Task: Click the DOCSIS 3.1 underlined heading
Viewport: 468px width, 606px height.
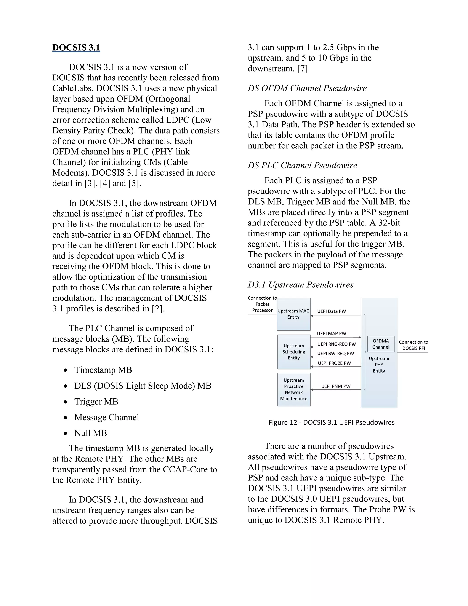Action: tap(76, 47)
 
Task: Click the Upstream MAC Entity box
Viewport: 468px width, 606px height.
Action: tap(293, 314)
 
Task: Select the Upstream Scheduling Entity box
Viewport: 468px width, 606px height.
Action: tap(294, 352)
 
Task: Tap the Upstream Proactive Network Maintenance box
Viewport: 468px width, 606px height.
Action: tap(294, 390)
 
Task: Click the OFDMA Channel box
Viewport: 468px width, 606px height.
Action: tap(381, 344)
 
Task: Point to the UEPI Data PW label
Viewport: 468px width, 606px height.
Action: tap(331, 311)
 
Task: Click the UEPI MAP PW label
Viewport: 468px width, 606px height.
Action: tap(331, 333)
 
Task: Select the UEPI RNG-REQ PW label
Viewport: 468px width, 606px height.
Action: tap(337, 344)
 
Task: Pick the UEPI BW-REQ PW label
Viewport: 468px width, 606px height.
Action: tap(335, 354)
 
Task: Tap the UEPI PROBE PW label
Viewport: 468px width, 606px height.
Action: tap(334, 363)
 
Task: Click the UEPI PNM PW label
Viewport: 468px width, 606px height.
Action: tap(335, 386)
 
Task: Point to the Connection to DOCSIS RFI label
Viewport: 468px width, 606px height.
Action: tap(413, 345)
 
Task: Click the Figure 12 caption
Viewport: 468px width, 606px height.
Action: tap(331, 422)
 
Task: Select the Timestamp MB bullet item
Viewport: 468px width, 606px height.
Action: tap(103, 370)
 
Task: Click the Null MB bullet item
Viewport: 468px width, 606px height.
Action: tap(90, 433)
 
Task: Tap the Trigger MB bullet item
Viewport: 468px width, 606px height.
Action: tap(96, 402)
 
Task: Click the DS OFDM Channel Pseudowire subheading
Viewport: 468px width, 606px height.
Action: tap(307, 88)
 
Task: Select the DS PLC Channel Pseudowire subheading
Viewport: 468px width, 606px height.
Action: tap(302, 165)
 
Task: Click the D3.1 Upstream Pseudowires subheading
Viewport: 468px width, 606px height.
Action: tap(300, 285)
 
